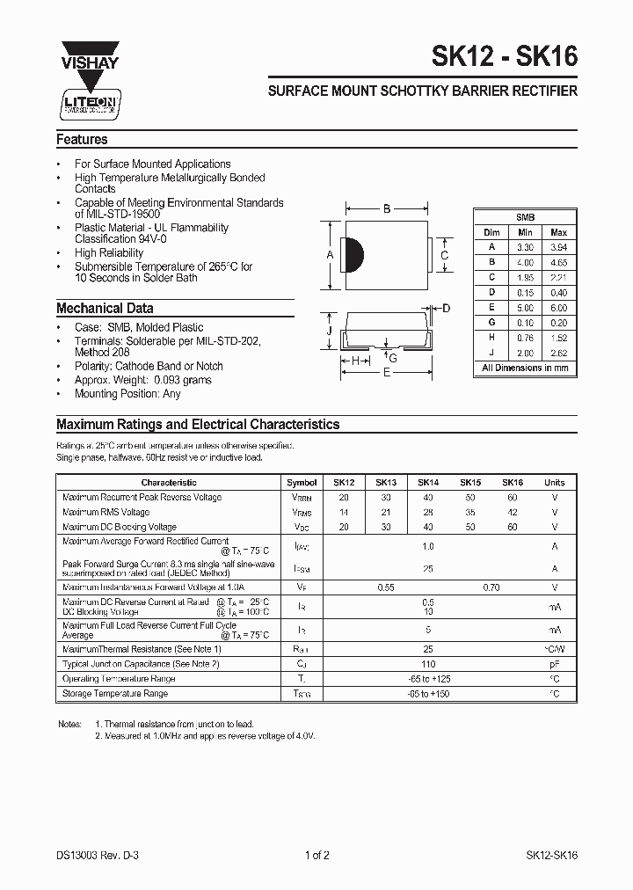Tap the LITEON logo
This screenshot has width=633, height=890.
85,103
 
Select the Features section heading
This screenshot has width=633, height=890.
82,139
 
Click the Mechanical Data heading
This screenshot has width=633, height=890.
105,309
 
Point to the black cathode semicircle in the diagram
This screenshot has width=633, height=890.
354,255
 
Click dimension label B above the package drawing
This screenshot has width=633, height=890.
386,209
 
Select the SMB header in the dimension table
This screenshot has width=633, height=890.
525,216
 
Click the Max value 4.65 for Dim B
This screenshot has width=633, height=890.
558,262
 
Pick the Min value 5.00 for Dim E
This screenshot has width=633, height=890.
525,308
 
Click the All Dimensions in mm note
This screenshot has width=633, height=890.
525,368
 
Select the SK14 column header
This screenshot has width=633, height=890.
428,483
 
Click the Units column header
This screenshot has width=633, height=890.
554,483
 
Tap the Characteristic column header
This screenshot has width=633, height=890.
169,483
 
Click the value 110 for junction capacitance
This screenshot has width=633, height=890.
428,664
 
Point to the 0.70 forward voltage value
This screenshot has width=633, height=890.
491,587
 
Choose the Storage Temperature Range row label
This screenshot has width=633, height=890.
115,694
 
